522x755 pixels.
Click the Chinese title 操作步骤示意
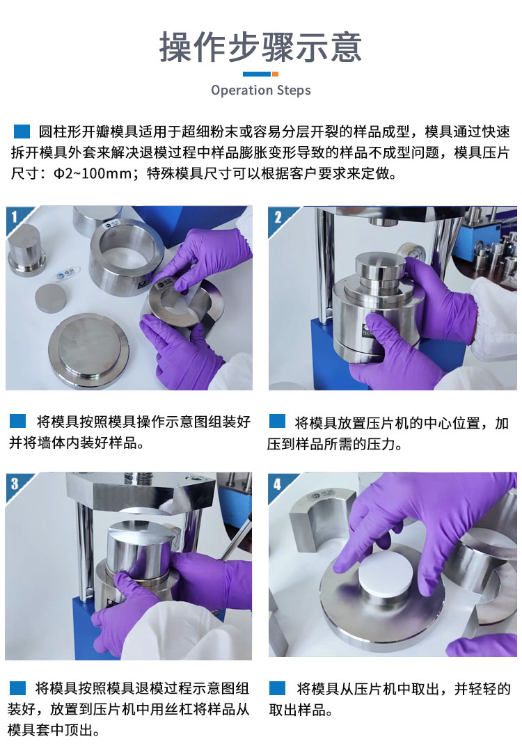pyautogui.click(x=260, y=47)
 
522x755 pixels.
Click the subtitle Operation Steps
pyautogui.click(x=260, y=90)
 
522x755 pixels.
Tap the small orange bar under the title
pyautogui.click(x=275, y=74)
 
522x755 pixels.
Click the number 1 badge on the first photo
pyautogui.click(x=15, y=216)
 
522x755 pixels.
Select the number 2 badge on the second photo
pyautogui.click(x=278, y=217)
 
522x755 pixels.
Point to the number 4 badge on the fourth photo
pyautogui.click(x=278, y=484)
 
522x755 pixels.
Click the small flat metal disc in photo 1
pyautogui.click(x=50, y=298)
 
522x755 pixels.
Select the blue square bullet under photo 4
pyautogui.click(x=278, y=688)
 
